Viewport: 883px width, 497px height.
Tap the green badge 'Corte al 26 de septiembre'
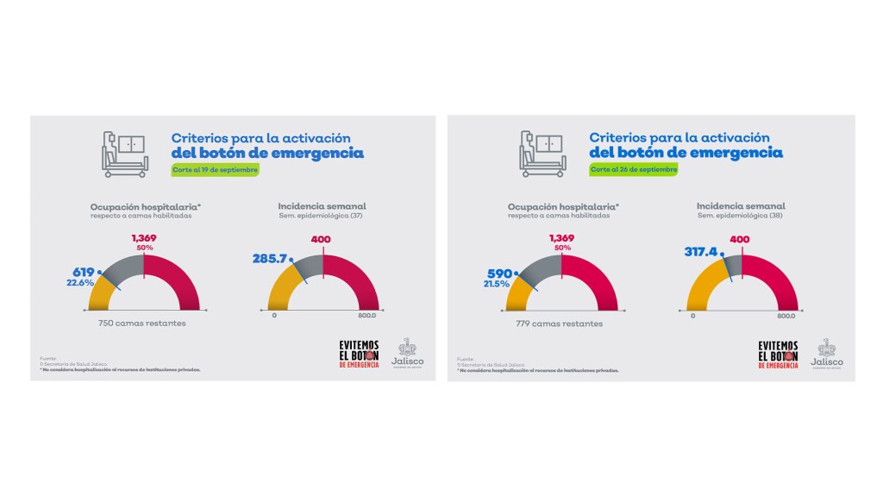(x=634, y=170)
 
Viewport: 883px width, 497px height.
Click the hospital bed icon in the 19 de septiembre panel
(x=124, y=154)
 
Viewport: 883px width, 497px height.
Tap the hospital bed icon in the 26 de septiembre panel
(x=542, y=154)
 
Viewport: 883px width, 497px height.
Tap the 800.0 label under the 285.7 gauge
(x=366, y=316)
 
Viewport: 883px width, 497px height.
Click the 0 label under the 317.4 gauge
(x=692, y=316)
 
